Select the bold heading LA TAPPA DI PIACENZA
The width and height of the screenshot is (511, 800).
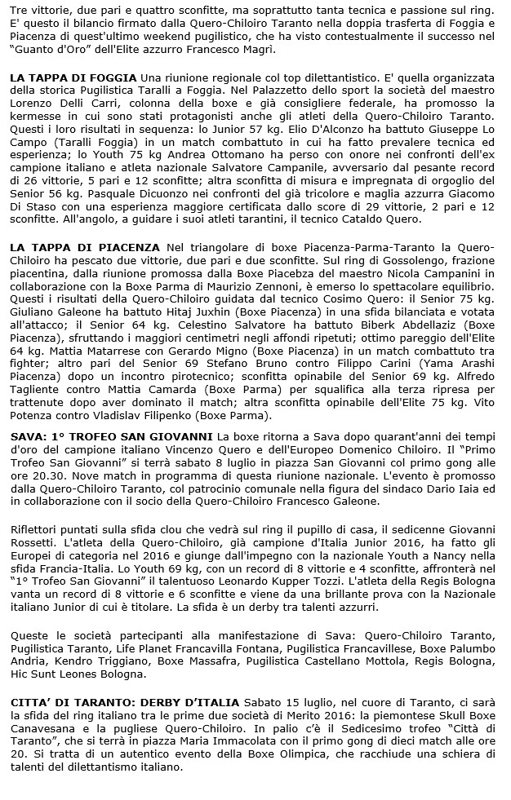click(x=84, y=246)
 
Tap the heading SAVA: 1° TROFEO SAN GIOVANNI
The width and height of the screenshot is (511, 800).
click(x=111, y=437)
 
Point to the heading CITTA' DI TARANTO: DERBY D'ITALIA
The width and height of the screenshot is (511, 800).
click(x=125, y=701)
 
